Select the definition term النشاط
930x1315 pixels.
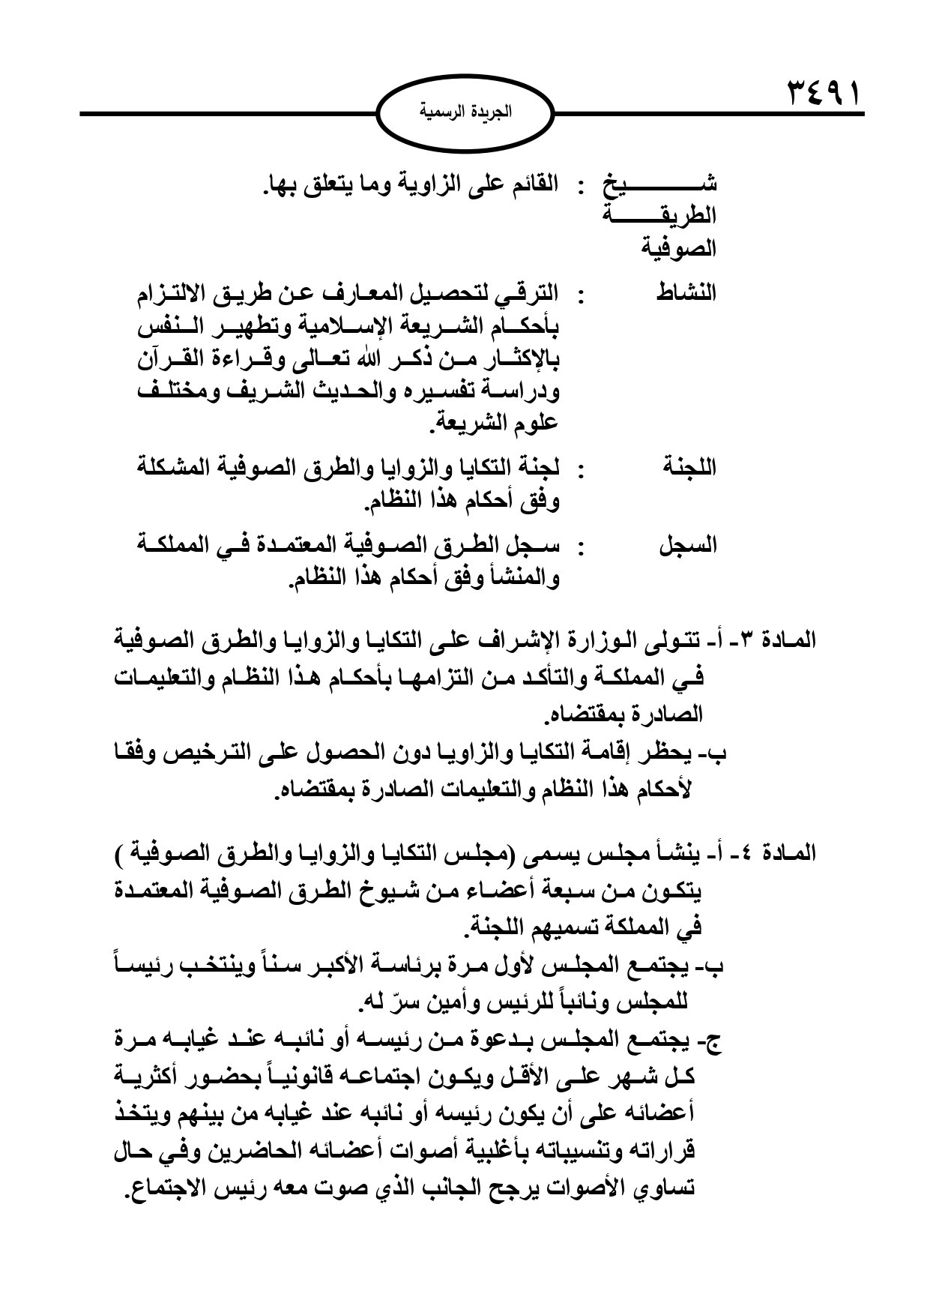[686, 294]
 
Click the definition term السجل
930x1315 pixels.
[687, 546]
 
